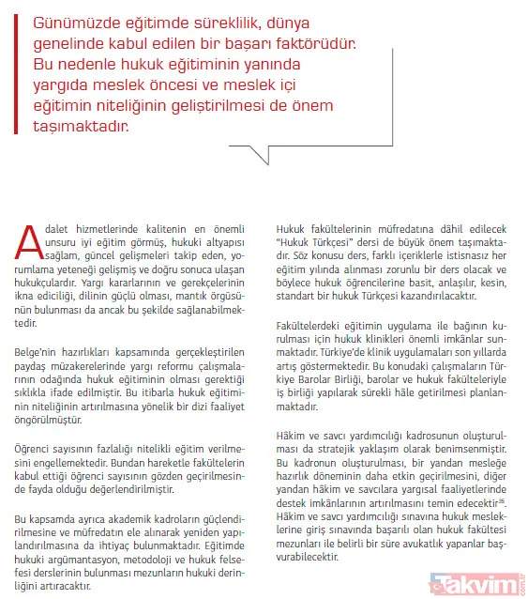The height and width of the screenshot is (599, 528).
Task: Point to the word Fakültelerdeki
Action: (306, 322)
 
